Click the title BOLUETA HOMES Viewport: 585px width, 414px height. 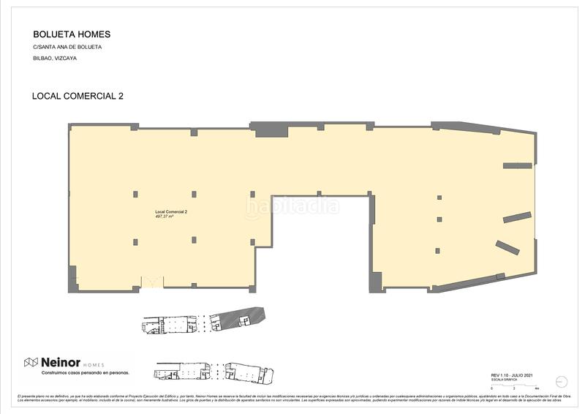coord(72,34)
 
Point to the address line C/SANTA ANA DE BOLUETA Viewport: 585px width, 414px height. coord(67,47)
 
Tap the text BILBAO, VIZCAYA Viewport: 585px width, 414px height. coord(55,58)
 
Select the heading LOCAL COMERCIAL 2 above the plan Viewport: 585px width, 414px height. coord(78,96)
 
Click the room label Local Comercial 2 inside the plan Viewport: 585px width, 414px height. coord(171,212)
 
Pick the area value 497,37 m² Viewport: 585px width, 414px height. coord(165,217)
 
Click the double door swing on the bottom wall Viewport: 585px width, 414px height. coord(152,282)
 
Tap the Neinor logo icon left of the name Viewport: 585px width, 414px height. coord(31,362)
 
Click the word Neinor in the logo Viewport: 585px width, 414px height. coord(59,362)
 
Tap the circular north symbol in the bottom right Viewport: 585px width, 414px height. coord(562,381)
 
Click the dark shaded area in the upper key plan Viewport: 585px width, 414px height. coord(245,317)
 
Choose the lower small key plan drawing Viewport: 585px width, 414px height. coord(214,373)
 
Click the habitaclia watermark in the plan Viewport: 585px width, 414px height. coord(292,207)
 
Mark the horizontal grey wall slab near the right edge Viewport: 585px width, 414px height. coord(517,165)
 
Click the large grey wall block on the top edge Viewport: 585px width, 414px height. coord(268,129)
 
